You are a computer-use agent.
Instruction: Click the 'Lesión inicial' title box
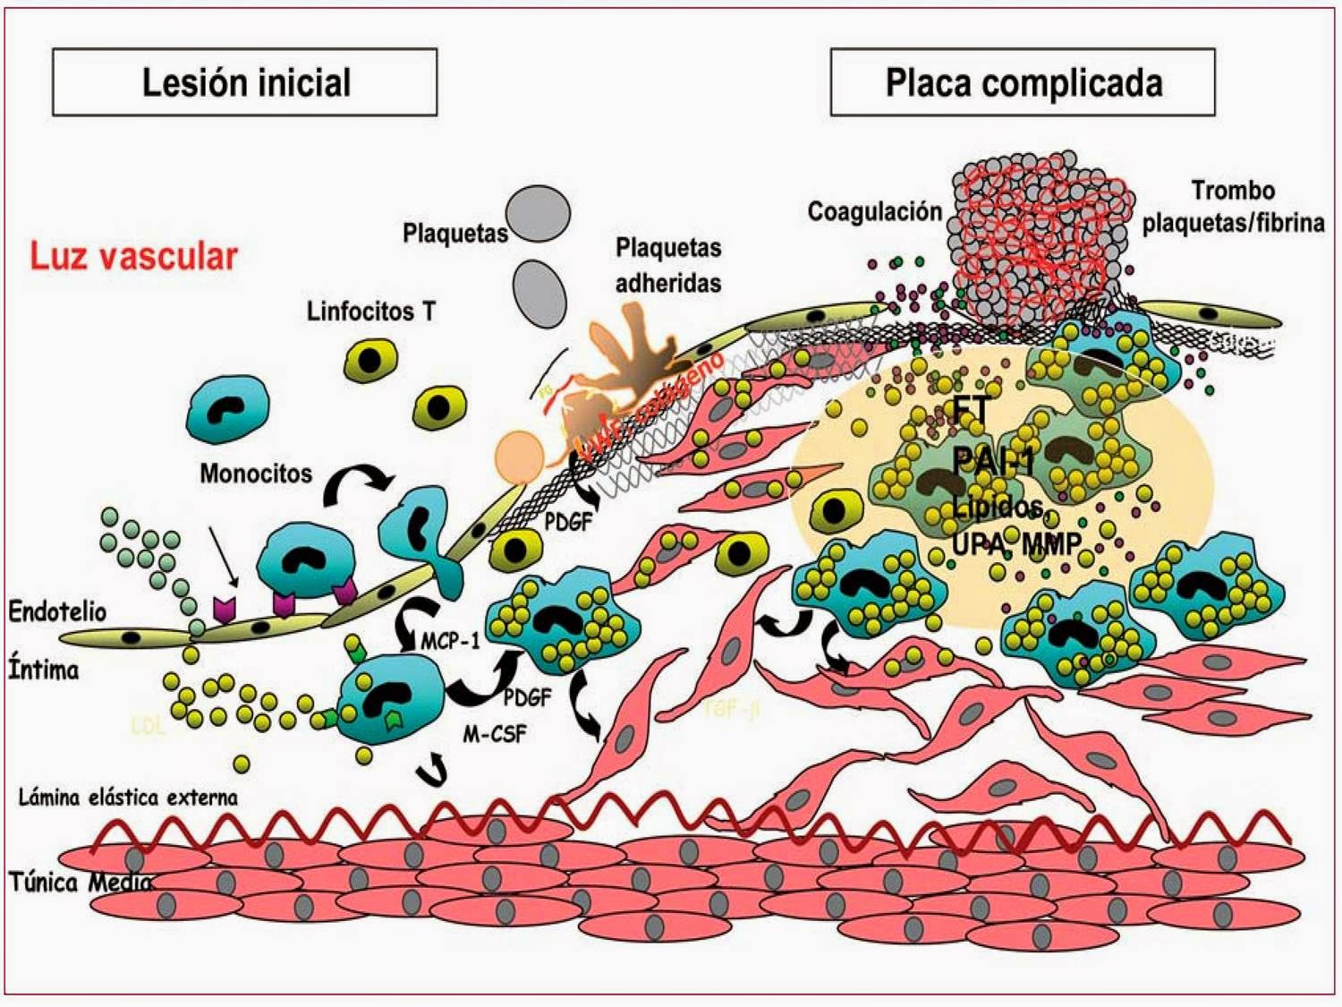(245, 82)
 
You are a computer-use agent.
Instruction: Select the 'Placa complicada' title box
(1023, 82)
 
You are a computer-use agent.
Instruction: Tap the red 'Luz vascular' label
(133, 257)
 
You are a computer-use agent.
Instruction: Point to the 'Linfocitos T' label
(370, 311)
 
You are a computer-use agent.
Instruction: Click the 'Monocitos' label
(256, 473)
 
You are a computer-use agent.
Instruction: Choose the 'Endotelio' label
(57, 611)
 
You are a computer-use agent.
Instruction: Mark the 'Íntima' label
(44, 669)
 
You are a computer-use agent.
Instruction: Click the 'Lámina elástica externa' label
(128, 797)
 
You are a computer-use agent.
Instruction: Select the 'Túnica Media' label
(81, 883)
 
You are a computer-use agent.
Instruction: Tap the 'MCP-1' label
(450, 641)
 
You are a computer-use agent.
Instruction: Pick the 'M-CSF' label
(495, 734)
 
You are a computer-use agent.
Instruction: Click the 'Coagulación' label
(874, 211)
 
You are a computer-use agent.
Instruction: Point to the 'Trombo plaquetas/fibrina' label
(1233, 207)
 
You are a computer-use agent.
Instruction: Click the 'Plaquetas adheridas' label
(667, 265)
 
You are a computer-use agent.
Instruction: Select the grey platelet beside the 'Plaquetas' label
(538, 214)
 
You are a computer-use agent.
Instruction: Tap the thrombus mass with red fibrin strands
(1038, 233)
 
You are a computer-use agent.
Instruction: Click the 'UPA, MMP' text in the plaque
(1015, 542)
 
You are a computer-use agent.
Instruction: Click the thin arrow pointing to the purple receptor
(223, 555)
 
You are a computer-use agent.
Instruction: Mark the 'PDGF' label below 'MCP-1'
(527, 697)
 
